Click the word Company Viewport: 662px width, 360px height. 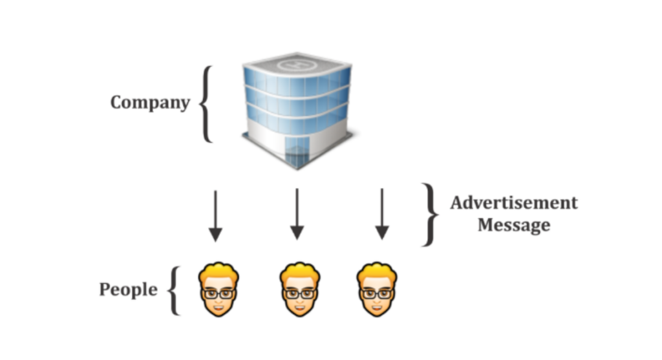point(150,102)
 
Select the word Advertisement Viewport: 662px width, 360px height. point(513,203)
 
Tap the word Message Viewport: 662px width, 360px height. point(513,225)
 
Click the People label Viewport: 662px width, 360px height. point(128,289)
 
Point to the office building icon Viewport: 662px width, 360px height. point(297,110)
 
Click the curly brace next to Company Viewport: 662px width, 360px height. point(206,103)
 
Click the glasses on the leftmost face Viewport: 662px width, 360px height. point(219,293)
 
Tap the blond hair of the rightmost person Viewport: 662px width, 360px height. point(377,271)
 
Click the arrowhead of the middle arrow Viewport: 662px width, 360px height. point(297,233)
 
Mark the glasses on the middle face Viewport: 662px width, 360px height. point(299,293)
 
